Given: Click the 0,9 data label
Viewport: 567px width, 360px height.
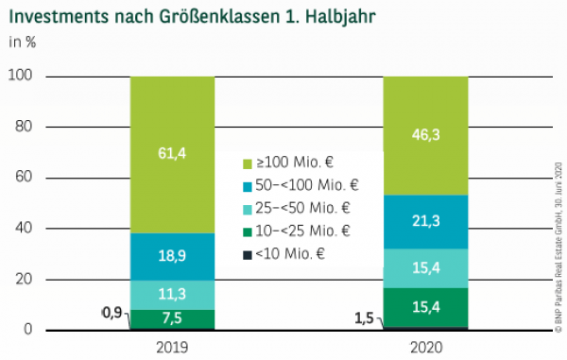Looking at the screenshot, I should (x=112, y=313).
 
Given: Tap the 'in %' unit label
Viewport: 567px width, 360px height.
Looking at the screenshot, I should (x=24, y=42).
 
